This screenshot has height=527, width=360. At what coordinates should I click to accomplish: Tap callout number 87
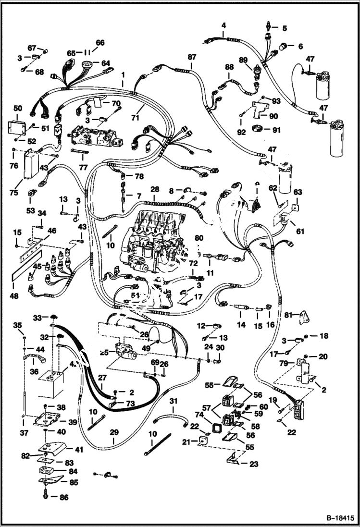point(192,57)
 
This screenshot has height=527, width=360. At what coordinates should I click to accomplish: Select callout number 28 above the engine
point(154,190)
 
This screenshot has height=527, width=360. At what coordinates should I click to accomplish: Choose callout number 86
point(64,498)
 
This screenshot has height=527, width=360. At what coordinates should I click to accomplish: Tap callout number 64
point(105,63)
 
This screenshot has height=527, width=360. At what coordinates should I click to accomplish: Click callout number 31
point(174,401)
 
